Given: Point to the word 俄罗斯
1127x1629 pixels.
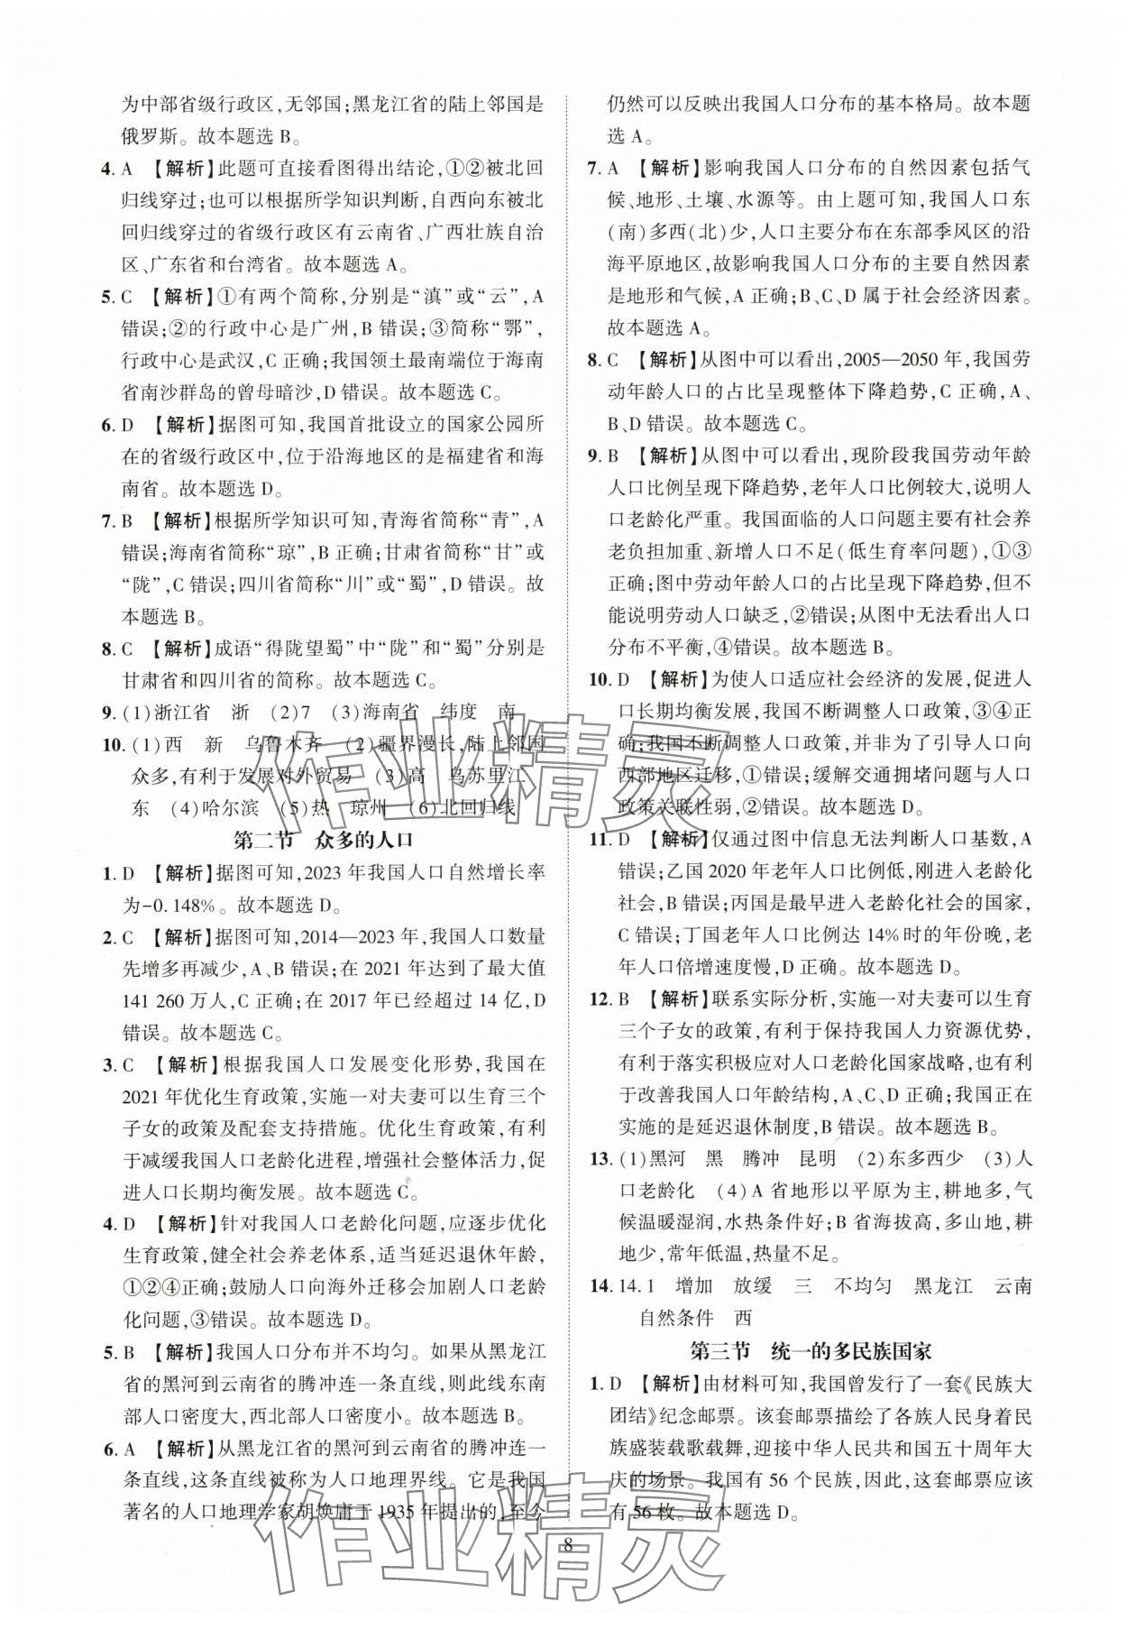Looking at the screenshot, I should [151, 137].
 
